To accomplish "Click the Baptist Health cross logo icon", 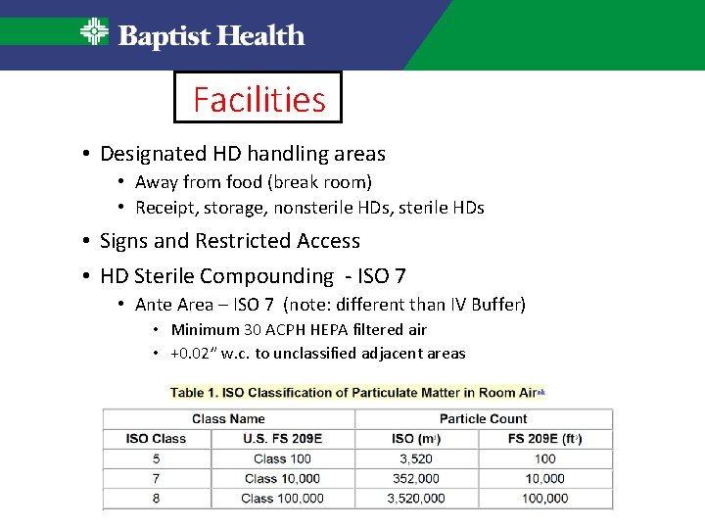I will click(94, 32).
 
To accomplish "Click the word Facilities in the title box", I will click(258, 99).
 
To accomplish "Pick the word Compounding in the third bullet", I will click(271, 276).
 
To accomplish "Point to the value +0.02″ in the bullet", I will click(198, 354).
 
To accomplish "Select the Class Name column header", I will click(228, 419).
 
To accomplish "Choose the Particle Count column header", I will click(483, 419).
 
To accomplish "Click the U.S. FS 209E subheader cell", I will click(282, 439).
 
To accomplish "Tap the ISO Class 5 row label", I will click(157, 458).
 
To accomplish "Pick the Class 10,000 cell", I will click(282, 479).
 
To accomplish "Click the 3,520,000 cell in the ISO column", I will click(415, 499).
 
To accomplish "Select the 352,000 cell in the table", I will click(415, 479).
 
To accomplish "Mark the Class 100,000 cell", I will click(282, 499).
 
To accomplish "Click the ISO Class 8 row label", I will click(157, 499).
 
